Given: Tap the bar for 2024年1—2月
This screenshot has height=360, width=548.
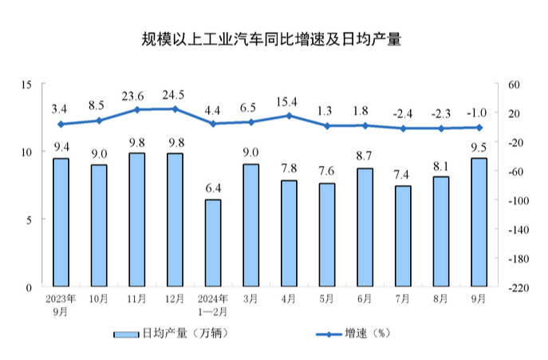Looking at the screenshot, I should pos(213,243).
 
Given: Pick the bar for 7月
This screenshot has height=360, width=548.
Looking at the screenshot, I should pos(403,236).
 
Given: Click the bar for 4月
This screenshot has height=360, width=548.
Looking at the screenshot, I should pos(289,233).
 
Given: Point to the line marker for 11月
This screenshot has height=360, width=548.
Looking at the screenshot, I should pos(137,109).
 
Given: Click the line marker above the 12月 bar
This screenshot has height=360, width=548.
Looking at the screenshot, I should pos(175,109).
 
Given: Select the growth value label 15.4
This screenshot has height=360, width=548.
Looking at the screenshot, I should pos(289,102).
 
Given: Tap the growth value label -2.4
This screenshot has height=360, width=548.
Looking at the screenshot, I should pos(403,113).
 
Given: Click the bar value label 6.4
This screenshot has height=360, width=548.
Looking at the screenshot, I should pos(213,188).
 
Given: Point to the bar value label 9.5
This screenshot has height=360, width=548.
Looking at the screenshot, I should pos(479,147).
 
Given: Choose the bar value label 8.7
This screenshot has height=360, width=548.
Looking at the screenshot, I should pos(365,157).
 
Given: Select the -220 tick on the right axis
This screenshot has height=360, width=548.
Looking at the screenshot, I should pos(516,287).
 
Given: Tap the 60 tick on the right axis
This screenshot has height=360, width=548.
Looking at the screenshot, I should pos(512,84).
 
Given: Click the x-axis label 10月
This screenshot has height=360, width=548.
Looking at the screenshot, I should pos(99,299).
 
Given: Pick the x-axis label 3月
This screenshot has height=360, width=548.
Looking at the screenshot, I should pos(250,299).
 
